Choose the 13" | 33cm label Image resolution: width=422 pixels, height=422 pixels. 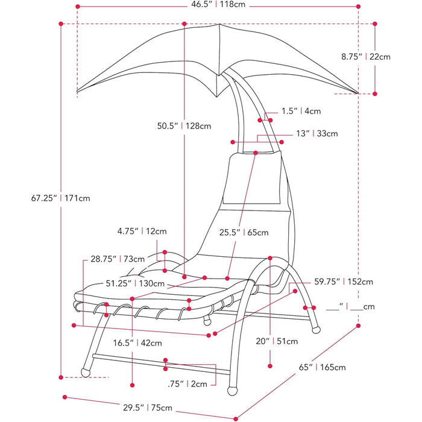point(316,133)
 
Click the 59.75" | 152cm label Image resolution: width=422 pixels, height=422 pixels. point(343,282)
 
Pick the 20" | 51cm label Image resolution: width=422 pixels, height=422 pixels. point(277,341)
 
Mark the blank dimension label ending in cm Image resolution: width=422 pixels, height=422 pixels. point(350,307)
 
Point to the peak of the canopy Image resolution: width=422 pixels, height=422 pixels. point(218,25)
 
